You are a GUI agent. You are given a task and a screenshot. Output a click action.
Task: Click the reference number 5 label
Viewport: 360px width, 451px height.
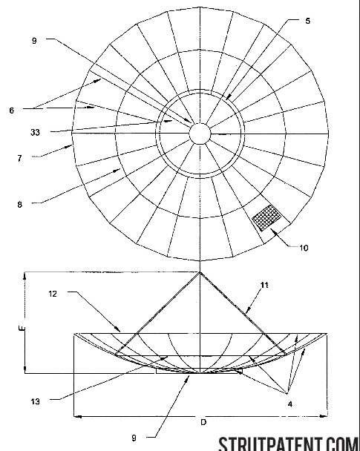click(307, 21)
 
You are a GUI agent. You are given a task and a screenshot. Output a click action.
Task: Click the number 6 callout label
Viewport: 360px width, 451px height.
click(12, 111)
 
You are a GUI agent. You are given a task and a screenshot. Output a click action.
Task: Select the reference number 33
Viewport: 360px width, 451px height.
click(35, 133)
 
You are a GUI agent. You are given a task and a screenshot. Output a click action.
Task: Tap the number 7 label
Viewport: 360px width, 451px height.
click(19, 159)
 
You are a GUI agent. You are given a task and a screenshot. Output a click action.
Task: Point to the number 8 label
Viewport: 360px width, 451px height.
click(19, 205)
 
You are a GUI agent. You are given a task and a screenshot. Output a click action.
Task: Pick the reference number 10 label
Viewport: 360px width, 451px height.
click(304, 248)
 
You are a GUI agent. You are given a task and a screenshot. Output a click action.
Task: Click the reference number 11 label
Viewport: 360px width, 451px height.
click(264, 285)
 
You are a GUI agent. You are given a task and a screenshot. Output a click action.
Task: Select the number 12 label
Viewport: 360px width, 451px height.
click(53, 294)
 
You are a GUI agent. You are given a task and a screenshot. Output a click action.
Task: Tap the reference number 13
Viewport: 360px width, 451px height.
click(36, 401)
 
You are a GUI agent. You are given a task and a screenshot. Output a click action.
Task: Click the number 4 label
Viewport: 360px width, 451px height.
click(290, 404)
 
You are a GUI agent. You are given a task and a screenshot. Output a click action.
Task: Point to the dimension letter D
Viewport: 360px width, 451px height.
click(203, 422)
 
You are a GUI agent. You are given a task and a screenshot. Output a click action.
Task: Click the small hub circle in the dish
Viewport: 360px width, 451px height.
click(200, 134)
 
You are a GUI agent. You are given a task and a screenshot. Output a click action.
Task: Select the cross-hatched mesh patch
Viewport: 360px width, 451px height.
click(266, 218)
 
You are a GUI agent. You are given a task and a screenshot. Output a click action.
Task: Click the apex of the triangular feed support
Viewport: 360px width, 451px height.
click(200, 272)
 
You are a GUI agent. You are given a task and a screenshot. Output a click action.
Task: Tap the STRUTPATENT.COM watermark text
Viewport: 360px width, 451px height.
click(289, 444)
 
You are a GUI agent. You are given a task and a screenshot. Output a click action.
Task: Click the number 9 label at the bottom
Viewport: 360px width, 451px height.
click(134, 438)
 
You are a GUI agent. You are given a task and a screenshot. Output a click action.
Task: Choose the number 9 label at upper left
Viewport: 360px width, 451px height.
click(34, 41)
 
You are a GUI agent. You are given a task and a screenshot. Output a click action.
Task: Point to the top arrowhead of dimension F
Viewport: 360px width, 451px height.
click(25, 275)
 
